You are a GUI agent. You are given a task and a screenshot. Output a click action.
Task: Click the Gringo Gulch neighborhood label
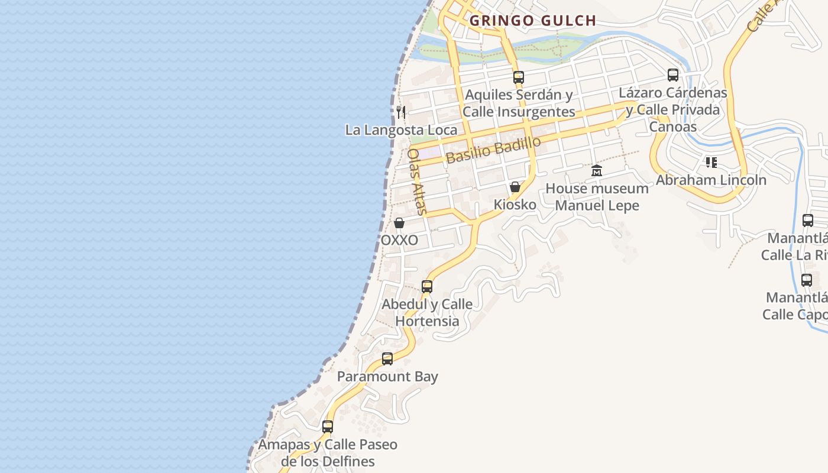click(533, 21)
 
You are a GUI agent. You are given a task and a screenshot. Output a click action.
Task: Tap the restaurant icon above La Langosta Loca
click(401, 112)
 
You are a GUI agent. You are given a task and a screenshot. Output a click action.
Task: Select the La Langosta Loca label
click(401, 130)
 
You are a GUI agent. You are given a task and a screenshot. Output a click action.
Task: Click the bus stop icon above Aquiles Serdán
click(519, 77)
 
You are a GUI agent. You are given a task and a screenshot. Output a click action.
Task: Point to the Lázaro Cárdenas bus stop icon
click(672, 75)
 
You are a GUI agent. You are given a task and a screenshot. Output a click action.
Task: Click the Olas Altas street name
click(416, 181)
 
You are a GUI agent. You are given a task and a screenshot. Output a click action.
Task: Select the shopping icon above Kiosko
click(515, 187)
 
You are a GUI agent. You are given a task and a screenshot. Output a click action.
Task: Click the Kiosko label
click(515, 205)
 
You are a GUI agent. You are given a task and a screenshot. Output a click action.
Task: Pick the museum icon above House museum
click(597, 171)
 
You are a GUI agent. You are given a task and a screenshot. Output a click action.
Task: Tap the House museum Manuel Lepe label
click(597, 197)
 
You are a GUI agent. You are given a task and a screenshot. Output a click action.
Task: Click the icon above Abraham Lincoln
click(711, 162)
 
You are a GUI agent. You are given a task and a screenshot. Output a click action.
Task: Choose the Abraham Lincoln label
click(711, 180)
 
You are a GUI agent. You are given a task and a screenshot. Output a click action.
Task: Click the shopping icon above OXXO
click(399, 223)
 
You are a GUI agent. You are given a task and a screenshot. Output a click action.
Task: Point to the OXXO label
click(399, 240)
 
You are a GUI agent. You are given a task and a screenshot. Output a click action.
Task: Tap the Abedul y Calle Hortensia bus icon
click(427, 287)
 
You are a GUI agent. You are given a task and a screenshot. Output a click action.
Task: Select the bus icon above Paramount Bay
click(387, 358)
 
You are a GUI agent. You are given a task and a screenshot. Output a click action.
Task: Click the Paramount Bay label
click(387, 377)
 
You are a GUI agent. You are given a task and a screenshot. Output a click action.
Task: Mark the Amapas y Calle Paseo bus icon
click(328, 426)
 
